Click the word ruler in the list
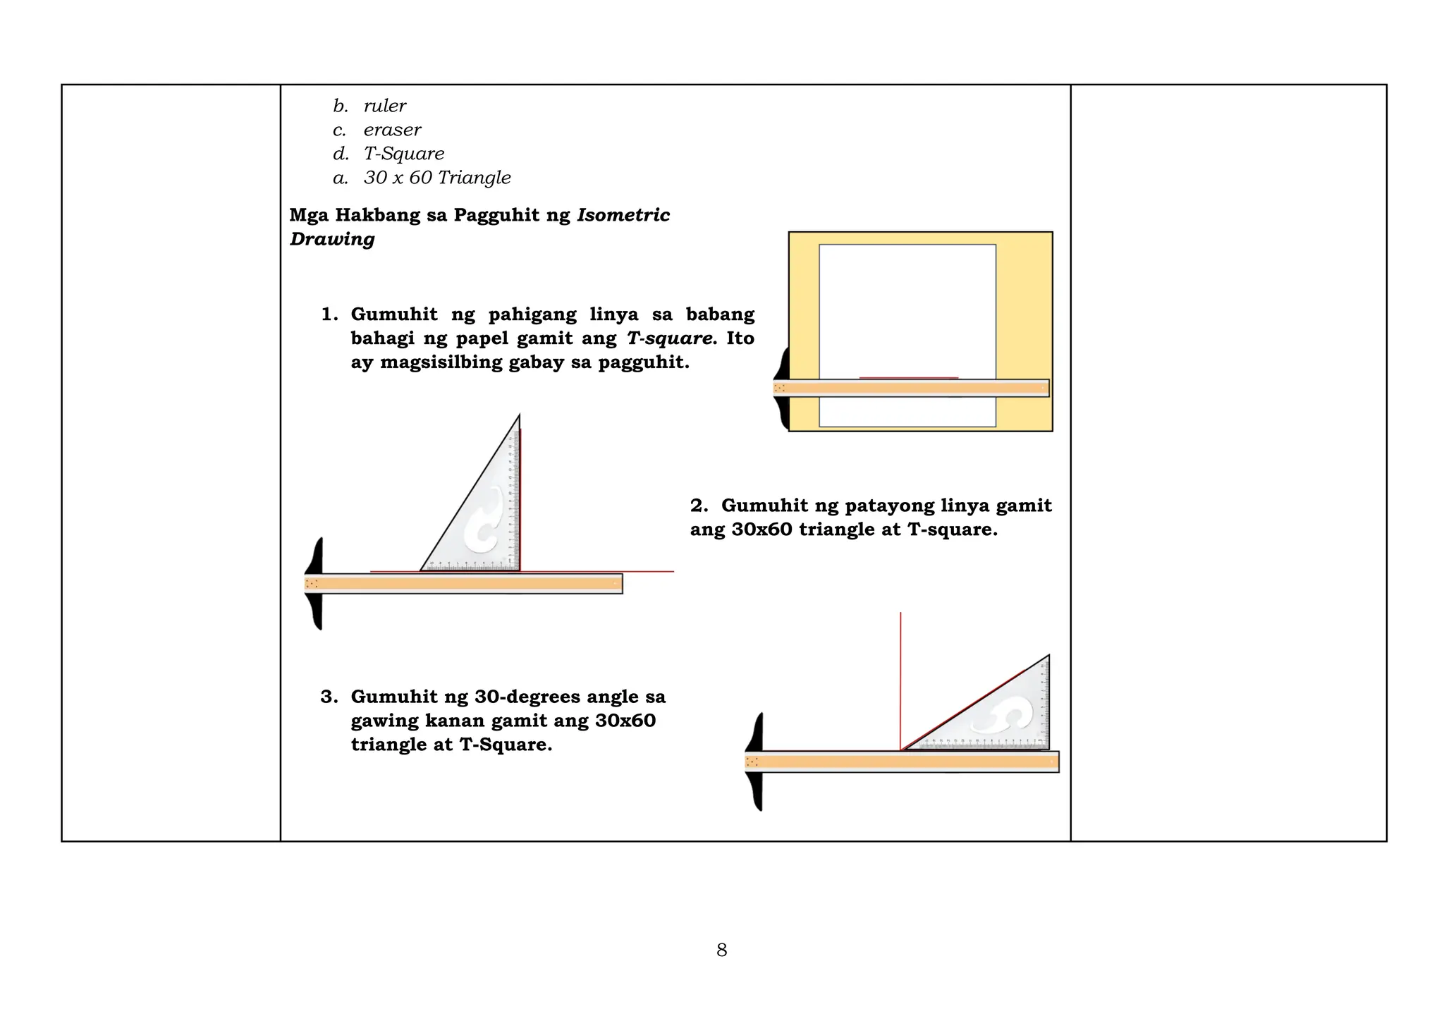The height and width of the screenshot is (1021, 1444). [385, 106]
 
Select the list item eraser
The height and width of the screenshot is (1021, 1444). [392, 130]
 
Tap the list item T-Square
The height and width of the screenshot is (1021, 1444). [404, 154]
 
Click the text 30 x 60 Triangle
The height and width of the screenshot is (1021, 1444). [437, 178]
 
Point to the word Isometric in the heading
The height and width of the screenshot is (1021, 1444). [623, 215]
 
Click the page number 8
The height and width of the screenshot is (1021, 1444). [721, 950]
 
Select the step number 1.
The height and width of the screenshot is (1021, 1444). [329, 314]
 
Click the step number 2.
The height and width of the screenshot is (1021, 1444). [698, 506]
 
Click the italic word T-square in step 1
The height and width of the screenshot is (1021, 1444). [668, 338]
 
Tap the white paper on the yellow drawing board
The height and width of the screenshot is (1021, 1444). [907, 310]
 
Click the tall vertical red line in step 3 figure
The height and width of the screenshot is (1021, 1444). [900, 677]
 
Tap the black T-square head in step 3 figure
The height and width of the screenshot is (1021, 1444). [755, 762]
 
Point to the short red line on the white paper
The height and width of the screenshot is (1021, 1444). [908, 378]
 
